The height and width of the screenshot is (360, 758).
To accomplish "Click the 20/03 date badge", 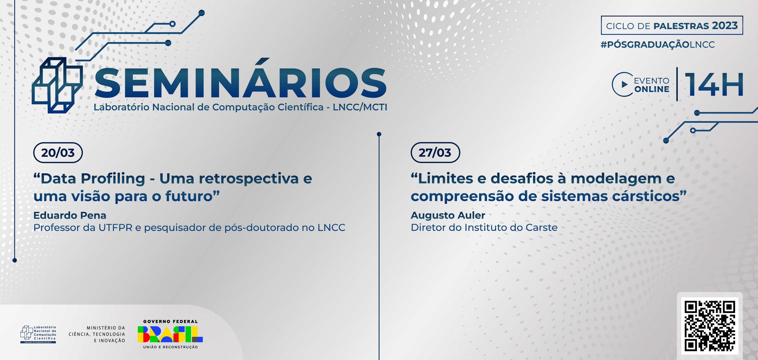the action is (58, 153).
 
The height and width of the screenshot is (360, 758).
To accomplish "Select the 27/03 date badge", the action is (435, 153).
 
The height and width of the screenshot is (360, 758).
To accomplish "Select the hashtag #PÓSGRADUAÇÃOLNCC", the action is (658, 44).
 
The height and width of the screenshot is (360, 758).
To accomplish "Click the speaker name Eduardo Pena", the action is (70, 215).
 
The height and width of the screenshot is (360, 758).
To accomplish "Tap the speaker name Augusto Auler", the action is (448, 215).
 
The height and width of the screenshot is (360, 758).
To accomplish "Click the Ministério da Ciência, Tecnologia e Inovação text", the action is (97, 334).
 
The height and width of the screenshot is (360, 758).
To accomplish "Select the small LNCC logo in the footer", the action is (38, 334).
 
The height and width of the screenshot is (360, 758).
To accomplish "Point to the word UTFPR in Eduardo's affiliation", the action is (115, 227).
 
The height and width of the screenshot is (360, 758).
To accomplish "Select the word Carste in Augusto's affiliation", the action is (541, 227).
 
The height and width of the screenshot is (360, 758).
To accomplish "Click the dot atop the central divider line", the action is (379, 134).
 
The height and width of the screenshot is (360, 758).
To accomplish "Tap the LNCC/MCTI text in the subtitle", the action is (360, 107).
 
